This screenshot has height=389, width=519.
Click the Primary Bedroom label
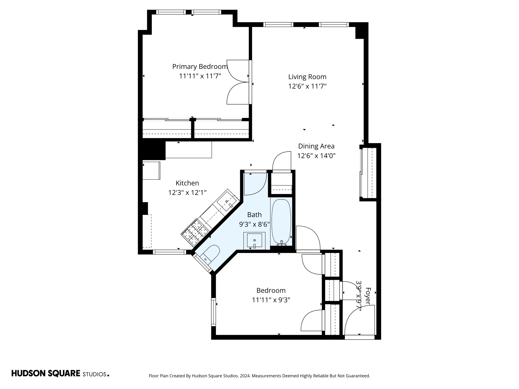pos(200,67)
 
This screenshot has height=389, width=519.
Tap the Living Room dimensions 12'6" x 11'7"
pos(307,86)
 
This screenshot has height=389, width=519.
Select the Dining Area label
pos(316,146)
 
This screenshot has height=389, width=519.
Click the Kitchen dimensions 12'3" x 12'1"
pos(187,193)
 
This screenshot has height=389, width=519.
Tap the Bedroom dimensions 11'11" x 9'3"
pos(271,300)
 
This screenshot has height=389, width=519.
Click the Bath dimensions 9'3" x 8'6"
pos(254,224)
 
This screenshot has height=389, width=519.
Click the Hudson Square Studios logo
pos(60,374)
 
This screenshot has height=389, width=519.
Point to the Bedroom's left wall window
pos(214,312)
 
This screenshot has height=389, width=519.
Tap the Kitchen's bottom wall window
pos(169,252)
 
